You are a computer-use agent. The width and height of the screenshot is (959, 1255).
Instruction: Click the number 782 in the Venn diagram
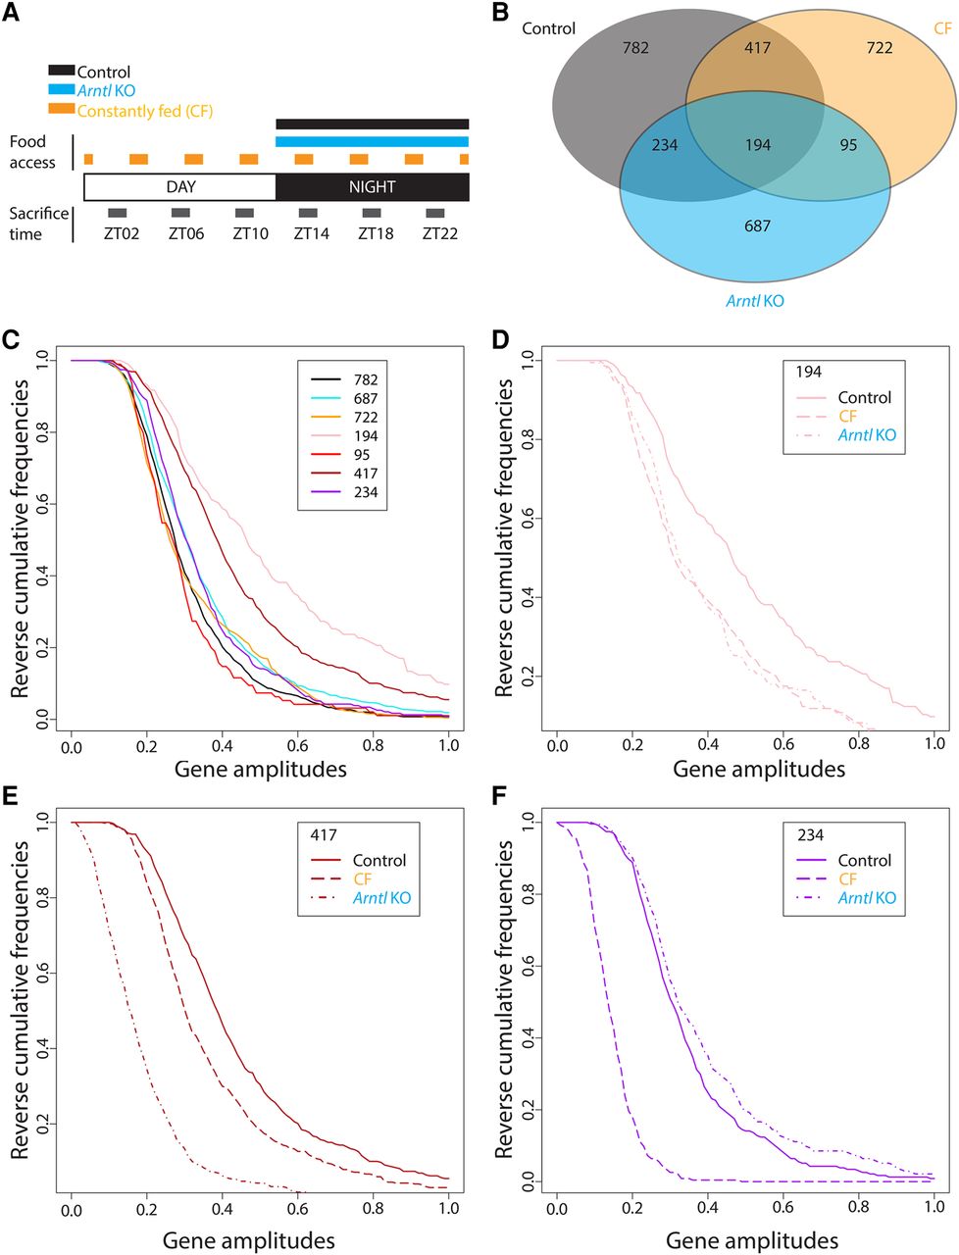pyautogui.click(x=635, y=47)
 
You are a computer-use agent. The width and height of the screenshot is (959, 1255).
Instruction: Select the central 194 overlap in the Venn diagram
pyautogui.click(x=757, y=145)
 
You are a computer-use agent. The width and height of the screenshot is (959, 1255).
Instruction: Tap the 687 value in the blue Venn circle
pyautogui.click(x=757, y=226)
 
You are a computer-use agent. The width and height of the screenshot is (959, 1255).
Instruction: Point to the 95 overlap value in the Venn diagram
pyautogui.click(x=848, y=145)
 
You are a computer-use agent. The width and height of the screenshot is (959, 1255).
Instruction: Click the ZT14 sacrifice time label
pyautogui.click(x=308, y=234)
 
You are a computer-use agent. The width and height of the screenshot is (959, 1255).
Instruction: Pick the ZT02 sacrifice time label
pyautogui.click(x=117, y=234)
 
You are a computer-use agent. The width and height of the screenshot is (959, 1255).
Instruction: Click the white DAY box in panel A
pyautogui.click(x=180, y=187)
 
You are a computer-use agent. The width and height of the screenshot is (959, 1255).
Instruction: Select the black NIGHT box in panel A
pyautogui.click(x=373, y=187)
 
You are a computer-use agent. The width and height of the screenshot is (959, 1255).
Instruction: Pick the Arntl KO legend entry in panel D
pyautogui.click(x=866, y=435)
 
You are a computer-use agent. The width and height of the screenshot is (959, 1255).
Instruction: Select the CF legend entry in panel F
pyautogui.click(x=847, y=879)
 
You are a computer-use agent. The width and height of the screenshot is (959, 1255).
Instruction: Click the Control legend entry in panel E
pyautogui.click(x=379, y=861)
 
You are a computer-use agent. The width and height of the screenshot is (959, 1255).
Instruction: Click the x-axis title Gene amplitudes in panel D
pyautogui.click(x=758, y=770)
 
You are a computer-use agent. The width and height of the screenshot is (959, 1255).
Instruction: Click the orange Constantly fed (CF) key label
pyautogui.click(x=144, y=111)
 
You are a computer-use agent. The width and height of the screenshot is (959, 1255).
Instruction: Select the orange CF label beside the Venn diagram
pyautogui.click(x=942, y=28)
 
